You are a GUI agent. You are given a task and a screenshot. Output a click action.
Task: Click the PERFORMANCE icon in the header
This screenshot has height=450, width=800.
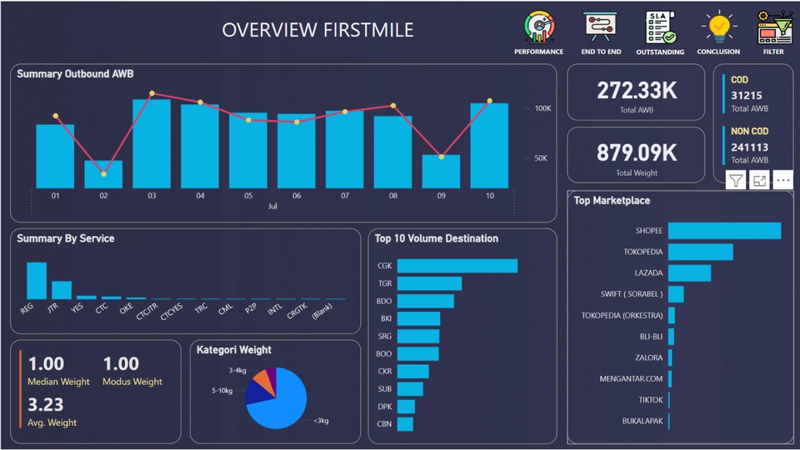[x=538, y=27]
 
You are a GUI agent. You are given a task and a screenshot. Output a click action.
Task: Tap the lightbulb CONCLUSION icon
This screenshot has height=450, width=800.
[x=718, y=27]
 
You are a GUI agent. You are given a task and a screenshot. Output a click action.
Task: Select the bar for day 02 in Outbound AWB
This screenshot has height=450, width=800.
[x=103, y=174]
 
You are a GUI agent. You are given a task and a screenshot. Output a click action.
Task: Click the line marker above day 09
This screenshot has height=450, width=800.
[x=441, y=157]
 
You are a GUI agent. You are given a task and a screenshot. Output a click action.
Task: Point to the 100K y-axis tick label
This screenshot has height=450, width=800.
[x=542, y=108]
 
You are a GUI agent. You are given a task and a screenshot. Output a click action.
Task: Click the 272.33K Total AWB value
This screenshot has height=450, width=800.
[x=637, y=91]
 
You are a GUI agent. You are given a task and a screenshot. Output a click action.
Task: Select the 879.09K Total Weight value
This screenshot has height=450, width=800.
[x=637, y=152]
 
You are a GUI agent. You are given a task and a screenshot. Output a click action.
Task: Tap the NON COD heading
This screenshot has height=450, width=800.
[x=749, y=131]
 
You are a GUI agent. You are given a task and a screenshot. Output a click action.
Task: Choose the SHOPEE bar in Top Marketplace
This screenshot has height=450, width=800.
[x=724, y=231]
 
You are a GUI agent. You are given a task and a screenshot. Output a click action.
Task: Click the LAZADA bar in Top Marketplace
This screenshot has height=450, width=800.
[x=689, y=273]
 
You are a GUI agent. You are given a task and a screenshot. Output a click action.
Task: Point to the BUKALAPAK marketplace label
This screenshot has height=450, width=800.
[x=642, y=422]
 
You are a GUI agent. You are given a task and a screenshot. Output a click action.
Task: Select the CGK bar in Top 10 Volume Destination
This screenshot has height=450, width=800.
[x=457, y=266]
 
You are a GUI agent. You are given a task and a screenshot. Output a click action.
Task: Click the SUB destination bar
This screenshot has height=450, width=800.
[x=410, y=389]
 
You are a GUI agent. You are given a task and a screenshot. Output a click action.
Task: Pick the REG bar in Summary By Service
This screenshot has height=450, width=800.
[x=37, y=281]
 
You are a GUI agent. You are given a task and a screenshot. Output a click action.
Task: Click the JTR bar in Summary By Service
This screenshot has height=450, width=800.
[x=62, y=290]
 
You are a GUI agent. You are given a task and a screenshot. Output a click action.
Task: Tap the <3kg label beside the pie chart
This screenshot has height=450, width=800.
[x=321, y=421]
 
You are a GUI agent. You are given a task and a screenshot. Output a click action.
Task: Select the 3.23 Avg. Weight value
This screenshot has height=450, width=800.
[x=47, y=405]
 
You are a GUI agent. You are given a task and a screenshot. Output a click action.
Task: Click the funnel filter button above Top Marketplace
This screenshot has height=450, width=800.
[x=736, y=180]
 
